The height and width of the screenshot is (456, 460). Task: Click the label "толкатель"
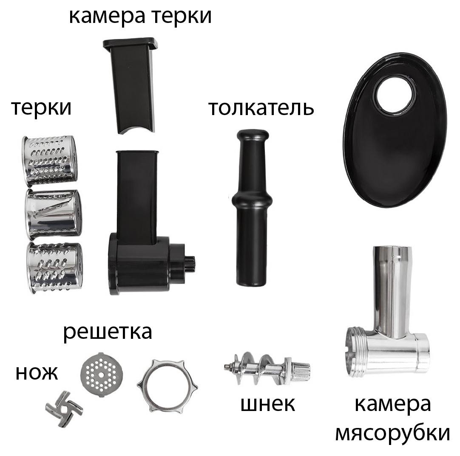261,108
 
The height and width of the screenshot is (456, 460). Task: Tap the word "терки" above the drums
41,107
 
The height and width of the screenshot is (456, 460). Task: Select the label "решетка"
108,332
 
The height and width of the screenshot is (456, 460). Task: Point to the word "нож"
37,373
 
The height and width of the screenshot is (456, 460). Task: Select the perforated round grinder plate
102,374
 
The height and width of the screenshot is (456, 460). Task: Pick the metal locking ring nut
167,386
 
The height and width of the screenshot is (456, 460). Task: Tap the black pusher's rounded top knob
253,136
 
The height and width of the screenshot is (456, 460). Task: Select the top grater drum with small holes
50,161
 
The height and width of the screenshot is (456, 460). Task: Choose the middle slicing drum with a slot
54,214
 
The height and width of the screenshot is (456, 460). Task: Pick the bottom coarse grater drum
55,267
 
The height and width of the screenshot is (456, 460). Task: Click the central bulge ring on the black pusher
252,201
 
